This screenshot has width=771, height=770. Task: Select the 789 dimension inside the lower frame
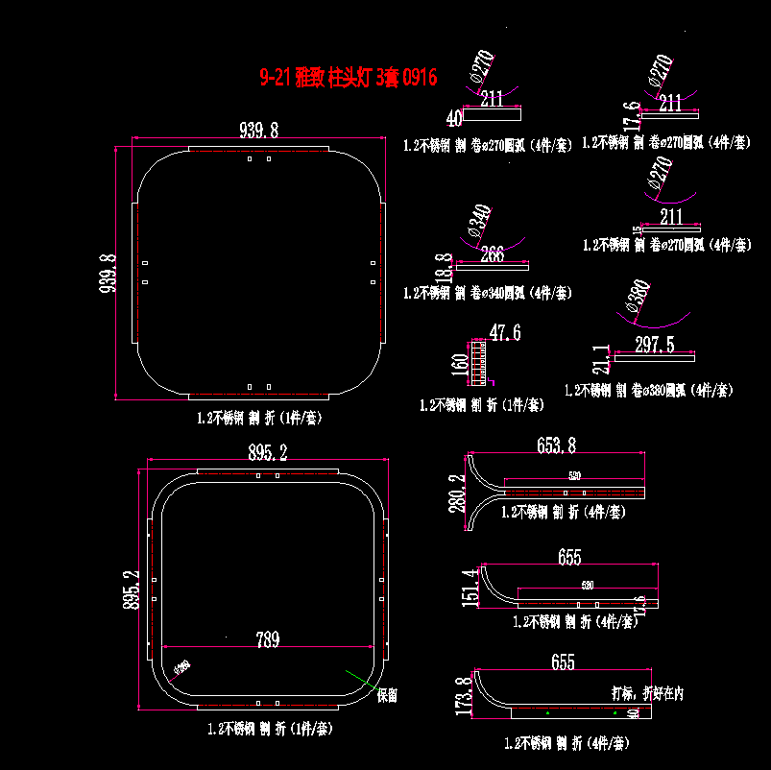tap(267, 639)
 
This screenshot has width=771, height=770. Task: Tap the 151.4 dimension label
tap(470, 587)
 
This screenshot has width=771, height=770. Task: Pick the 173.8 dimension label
tap(465, 696)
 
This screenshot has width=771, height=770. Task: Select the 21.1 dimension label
tap(601, 359)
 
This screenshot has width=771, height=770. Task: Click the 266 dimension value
tap(492, 254)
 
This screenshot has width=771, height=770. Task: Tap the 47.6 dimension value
tap(505, 333)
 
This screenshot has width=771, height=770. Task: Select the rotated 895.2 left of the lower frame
tap(133, 588)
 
